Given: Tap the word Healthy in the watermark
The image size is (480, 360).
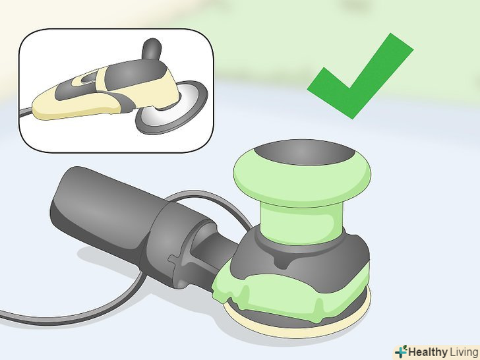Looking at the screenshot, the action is [x=428, y=351].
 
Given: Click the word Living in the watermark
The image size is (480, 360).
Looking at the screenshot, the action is [x=464, y=351].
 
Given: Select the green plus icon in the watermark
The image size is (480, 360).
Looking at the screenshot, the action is [x=402, y=351].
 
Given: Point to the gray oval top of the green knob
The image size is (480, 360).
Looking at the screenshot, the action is [x=305, y=152].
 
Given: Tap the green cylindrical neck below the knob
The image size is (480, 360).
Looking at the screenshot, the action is [x=301, y=222].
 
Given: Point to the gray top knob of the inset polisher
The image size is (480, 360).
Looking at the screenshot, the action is [x=152, y=49].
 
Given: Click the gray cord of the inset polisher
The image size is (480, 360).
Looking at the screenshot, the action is [x=26, y=112].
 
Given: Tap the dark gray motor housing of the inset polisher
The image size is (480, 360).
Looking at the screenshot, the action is [x=135, y=73].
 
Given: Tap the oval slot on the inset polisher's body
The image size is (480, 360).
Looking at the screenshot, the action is [x=89, y=78].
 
